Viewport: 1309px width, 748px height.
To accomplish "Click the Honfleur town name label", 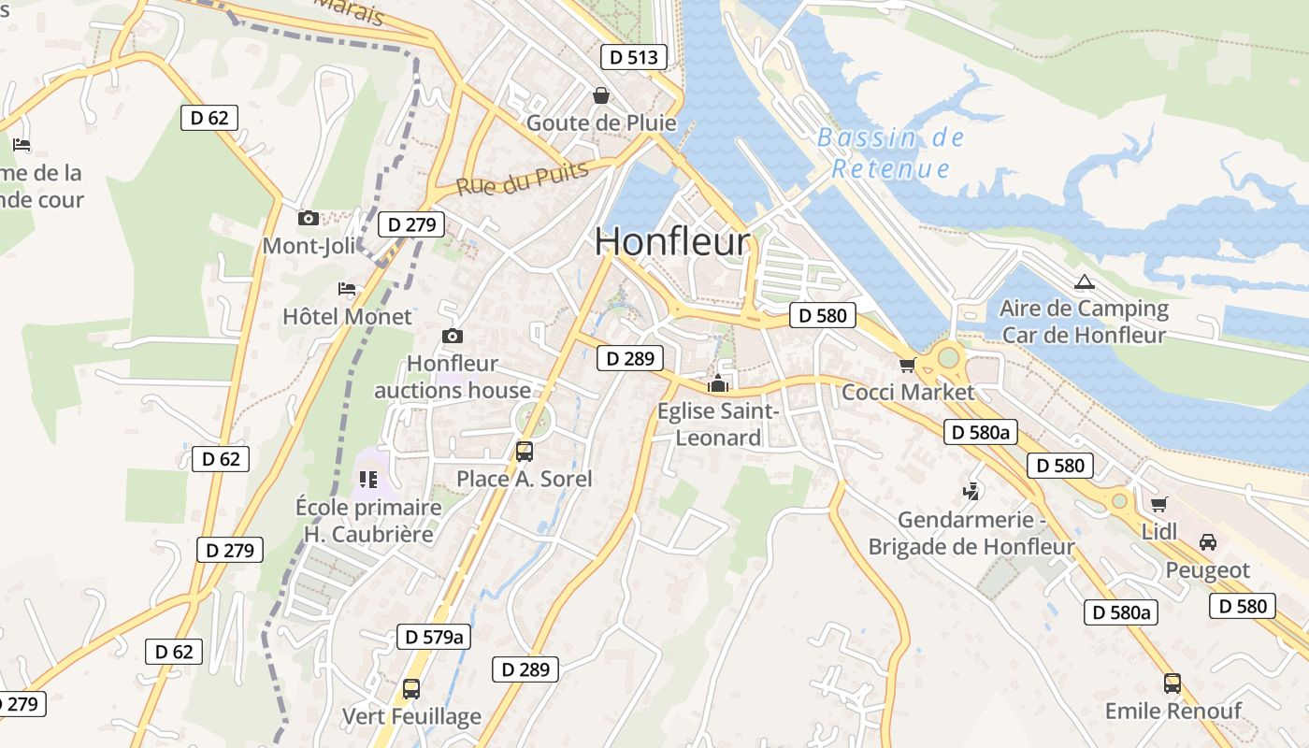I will tap(671, 241).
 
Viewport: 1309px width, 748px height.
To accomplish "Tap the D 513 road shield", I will tap(634, 57).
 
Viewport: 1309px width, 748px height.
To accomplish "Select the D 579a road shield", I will tap(434, 637).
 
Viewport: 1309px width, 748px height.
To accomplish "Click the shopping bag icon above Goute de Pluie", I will tap(600, 95).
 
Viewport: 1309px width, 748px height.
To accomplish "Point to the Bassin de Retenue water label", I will tap(890, 153).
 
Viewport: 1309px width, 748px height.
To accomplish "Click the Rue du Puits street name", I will tap(523, 178).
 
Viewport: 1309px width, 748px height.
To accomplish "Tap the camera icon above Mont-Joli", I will tap(308, 218).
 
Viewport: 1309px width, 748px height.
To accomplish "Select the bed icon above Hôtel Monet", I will tap(347, 289).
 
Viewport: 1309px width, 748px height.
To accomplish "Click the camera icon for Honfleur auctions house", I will tap(453, 336).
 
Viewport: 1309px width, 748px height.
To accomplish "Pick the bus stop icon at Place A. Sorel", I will tap(524, 452).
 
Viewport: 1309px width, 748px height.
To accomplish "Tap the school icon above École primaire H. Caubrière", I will tap(367, 480).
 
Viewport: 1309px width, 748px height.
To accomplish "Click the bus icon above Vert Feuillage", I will tap(410, 689).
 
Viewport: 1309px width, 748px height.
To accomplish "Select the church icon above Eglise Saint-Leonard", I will tap(717, 383).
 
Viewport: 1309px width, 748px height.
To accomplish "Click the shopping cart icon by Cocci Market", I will tap(906, 365).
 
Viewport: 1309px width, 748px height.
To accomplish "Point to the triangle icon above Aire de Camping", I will tap(1084, 281).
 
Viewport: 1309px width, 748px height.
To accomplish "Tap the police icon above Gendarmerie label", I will tap(971, 491).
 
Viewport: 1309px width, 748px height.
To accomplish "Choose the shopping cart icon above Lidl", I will tap(1158, 504).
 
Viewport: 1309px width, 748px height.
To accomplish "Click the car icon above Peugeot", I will tap(1207, 542).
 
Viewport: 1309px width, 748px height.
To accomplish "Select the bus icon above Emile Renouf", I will tap(1172, 683).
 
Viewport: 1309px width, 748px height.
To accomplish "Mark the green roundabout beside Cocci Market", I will tap(948, 357).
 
